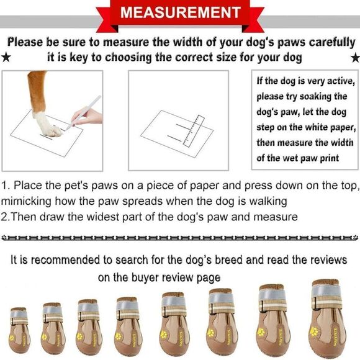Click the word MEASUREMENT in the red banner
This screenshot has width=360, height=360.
[x=179, y=12]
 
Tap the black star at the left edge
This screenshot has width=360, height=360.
[x=6, y=57]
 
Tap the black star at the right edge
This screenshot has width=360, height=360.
[x=355, y=57]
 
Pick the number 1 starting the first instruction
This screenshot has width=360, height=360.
[x=4, y=186]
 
